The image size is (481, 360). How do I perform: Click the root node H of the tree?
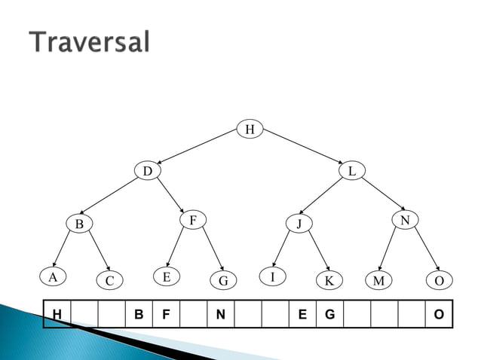[250, 130]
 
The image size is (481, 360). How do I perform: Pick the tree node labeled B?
[78, 224]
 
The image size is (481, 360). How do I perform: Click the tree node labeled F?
[193, 220]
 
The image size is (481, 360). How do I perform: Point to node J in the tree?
[299, 224]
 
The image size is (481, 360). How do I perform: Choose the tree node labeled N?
[405, 220]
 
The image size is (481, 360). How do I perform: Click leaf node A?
[52, 276]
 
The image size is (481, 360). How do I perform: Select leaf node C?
[109, 281]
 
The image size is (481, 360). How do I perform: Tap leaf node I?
[273, 276]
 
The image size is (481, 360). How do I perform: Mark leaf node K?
[328, 281]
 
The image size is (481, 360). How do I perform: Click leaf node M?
[378, 281]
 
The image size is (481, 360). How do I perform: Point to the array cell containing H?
[57, 313]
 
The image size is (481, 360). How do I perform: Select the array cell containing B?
[138, 313]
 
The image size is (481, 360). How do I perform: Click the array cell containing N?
[220, 313]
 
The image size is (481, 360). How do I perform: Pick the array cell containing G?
[329, 313]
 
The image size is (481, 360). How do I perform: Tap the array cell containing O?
[439, 313]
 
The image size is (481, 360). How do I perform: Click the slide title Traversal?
[90, 42]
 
